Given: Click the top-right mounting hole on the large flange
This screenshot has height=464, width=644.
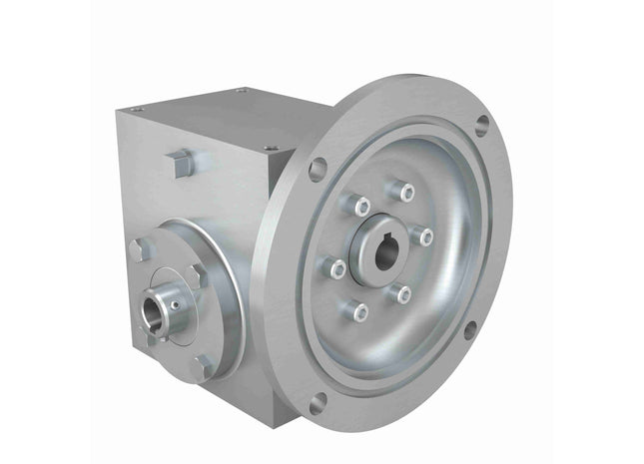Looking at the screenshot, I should point(482,124).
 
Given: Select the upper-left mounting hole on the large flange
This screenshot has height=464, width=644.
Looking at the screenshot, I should point(319,168).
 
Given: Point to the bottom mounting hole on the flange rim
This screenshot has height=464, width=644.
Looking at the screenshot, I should point(318,403).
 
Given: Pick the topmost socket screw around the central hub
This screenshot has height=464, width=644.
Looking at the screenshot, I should point(402,189).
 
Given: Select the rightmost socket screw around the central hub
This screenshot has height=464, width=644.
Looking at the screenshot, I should point(426,236).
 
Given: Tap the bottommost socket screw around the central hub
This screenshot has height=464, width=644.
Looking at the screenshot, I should point(359,311).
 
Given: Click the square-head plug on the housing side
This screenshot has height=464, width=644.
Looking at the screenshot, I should point(182,162).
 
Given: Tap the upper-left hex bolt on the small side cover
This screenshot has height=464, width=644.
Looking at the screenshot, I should point(139,249).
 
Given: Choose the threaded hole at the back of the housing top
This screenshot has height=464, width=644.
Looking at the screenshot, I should point(241,92).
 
